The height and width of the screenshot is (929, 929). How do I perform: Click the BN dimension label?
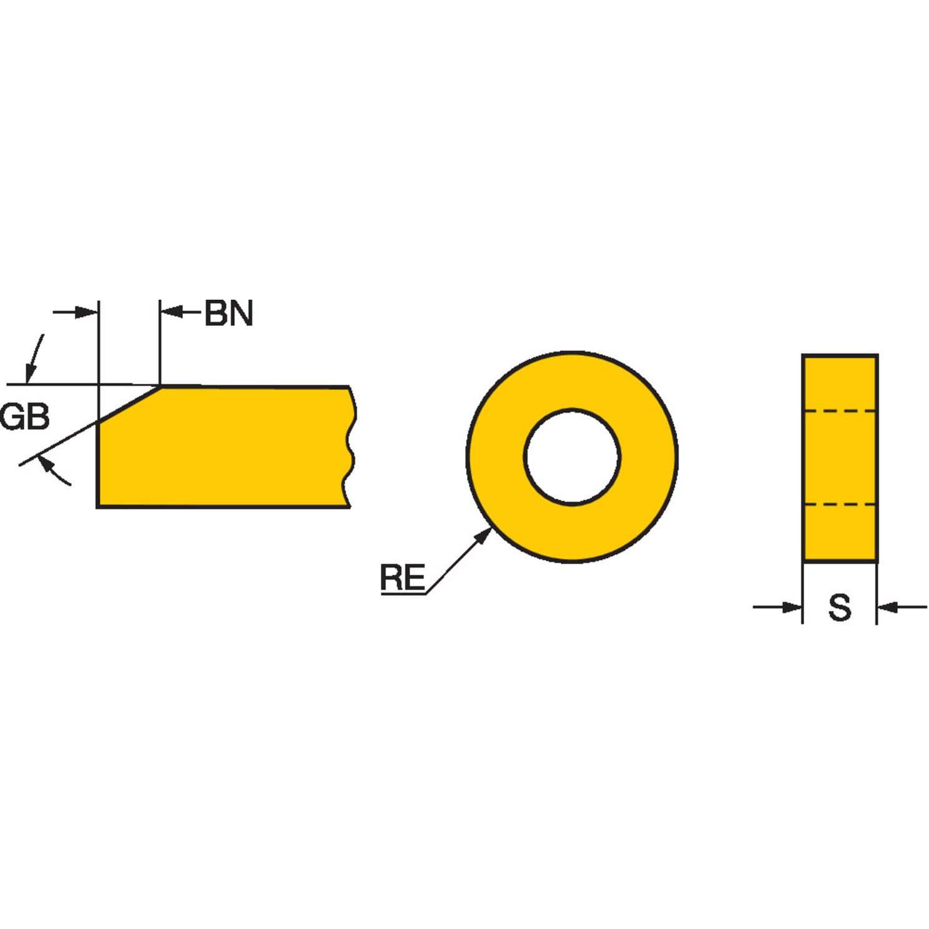pos(229,313)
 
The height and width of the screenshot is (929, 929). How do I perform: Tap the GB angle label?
pos(24,416)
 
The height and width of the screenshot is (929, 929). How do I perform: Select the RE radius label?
pos(403,577)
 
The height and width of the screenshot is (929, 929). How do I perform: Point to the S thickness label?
pos(840,607)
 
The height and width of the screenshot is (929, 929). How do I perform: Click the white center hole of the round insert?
pos(572,456)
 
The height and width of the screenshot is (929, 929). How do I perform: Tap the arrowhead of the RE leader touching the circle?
pos(483,536)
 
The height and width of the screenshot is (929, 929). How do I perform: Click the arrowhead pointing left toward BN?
pos(172,312)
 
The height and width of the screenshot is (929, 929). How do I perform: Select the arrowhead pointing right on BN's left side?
pos(87,312)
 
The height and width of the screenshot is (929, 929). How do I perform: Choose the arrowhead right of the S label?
pos(888,606)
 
